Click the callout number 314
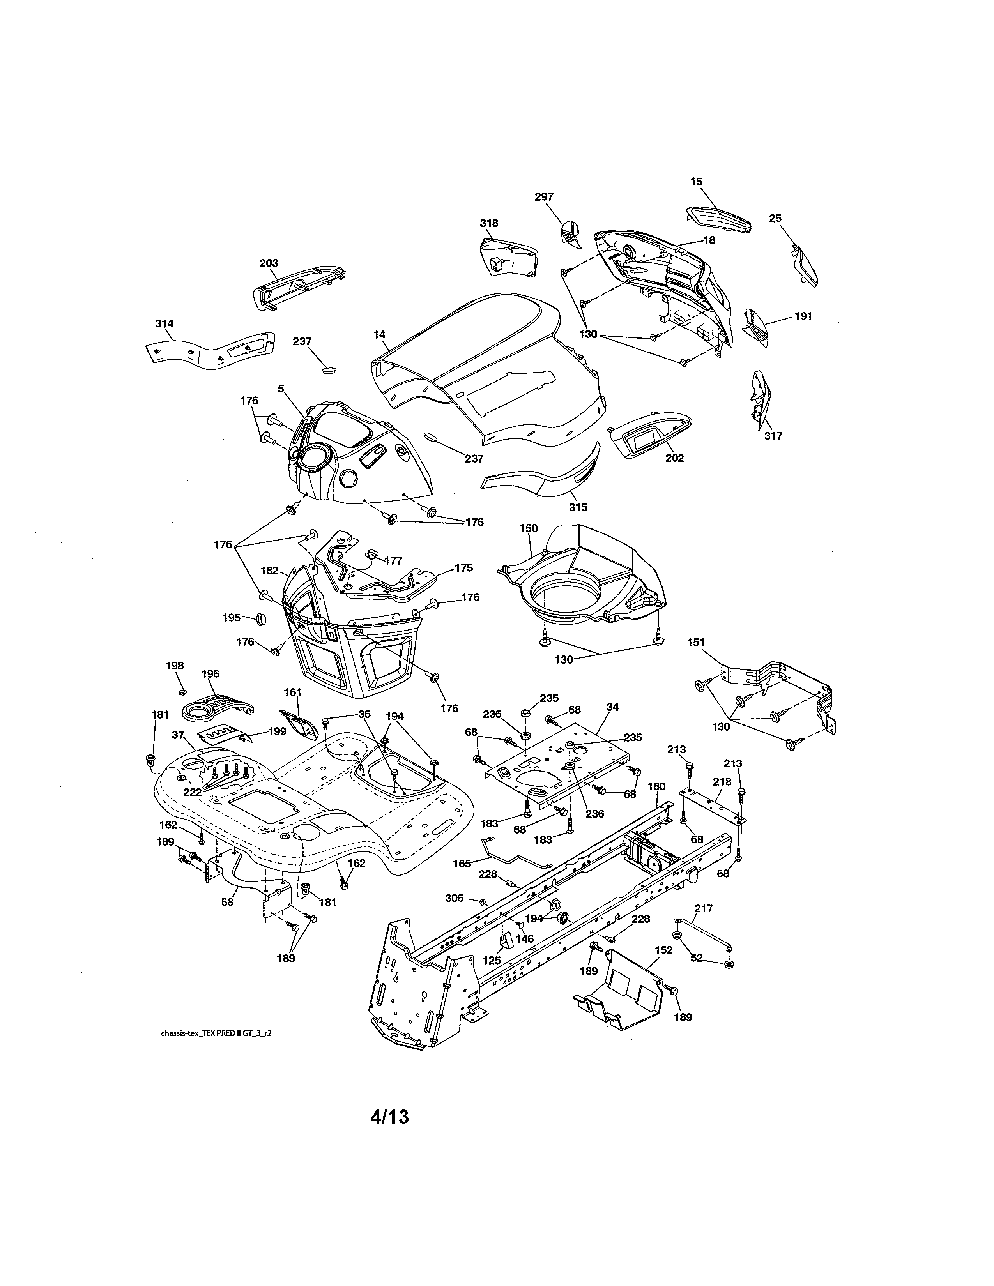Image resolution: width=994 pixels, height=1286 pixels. (164, 324)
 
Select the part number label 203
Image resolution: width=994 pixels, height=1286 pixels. (269, 263)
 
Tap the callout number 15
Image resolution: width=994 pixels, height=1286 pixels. (696, 182)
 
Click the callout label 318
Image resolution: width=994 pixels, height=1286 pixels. (489, 223)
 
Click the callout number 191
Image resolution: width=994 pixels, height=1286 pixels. (803, 316)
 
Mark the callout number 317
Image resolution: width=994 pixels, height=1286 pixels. (773, 436)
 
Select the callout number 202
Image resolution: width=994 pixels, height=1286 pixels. (674, 458)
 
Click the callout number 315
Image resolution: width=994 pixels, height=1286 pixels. (578, 507)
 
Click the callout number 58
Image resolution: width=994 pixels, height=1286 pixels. (227, 901)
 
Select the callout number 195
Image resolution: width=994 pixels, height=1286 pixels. (232, 617)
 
